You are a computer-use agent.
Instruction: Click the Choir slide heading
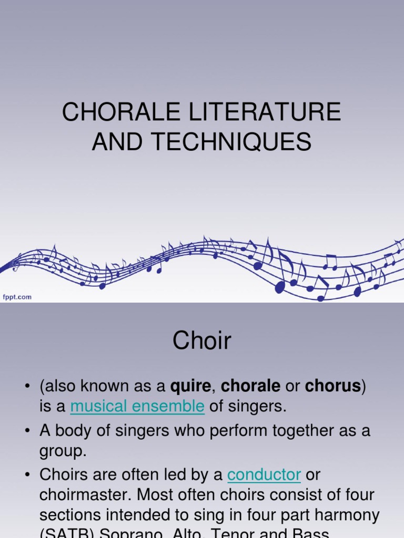click(201, 341)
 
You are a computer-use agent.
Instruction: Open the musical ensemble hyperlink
click(137, 406)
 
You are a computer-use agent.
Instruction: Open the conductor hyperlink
click(264, 474)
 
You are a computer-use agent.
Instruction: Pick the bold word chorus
click(333, 386)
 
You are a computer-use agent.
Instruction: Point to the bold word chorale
click(250, 386)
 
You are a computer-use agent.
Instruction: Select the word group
click(62, 451)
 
